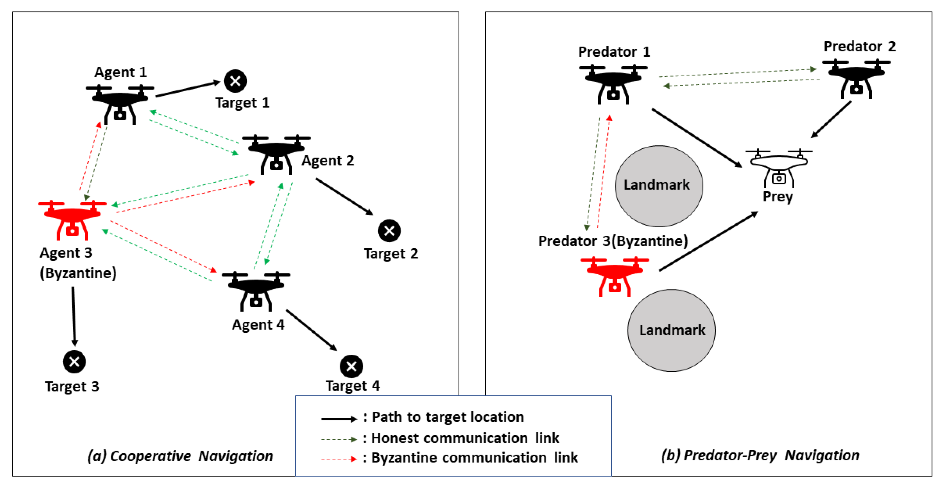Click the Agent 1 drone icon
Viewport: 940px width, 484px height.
click(120, 104)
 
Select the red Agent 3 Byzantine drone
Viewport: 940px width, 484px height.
click(72, 219)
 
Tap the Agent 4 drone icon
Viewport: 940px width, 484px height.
click(256, 291)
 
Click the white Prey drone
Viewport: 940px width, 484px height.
click(779, 167)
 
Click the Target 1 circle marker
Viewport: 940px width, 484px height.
click(235, 81)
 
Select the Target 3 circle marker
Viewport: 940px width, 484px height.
click(74, 362)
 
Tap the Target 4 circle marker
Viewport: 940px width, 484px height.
click(351, 366)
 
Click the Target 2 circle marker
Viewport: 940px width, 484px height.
click(389, 230)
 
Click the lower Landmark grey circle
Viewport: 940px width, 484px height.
click(671, 330)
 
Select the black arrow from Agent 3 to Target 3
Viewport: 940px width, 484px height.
click(74, 316)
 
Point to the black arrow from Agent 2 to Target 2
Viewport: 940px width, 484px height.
click(344, 196)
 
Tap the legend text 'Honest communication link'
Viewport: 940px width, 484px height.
click(465, 438)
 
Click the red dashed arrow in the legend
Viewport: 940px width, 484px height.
click(339, 458)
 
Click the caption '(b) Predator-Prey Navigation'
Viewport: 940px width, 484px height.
click(760, 455)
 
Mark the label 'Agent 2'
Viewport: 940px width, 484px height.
click(328, 160)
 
